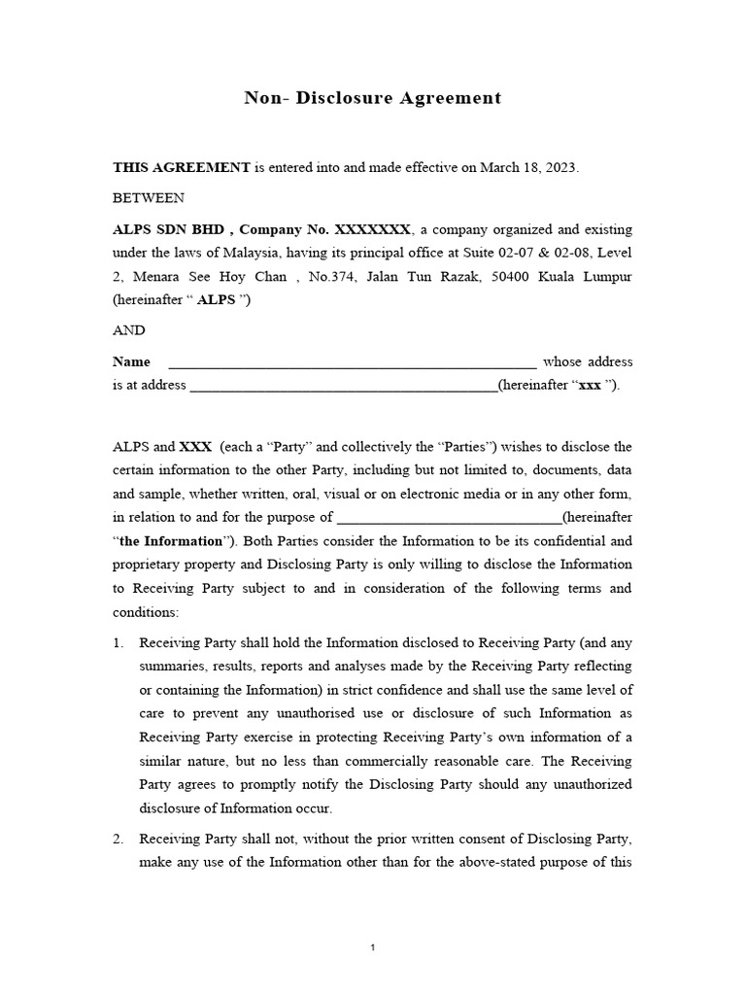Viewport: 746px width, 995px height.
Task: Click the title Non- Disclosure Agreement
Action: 373,97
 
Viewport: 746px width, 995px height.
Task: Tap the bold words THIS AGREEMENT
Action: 182,167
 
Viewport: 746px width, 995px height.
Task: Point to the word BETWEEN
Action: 149,198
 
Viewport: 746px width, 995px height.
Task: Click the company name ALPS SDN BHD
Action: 169,230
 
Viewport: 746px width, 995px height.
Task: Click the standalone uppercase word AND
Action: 129,330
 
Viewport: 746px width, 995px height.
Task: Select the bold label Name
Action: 132,361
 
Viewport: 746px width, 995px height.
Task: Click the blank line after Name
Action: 353,364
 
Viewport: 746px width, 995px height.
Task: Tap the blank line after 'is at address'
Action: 343,388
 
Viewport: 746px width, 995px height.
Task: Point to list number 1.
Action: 119,642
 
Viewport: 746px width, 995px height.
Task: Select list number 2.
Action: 119,839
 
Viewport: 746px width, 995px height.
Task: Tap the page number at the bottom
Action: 373,948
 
